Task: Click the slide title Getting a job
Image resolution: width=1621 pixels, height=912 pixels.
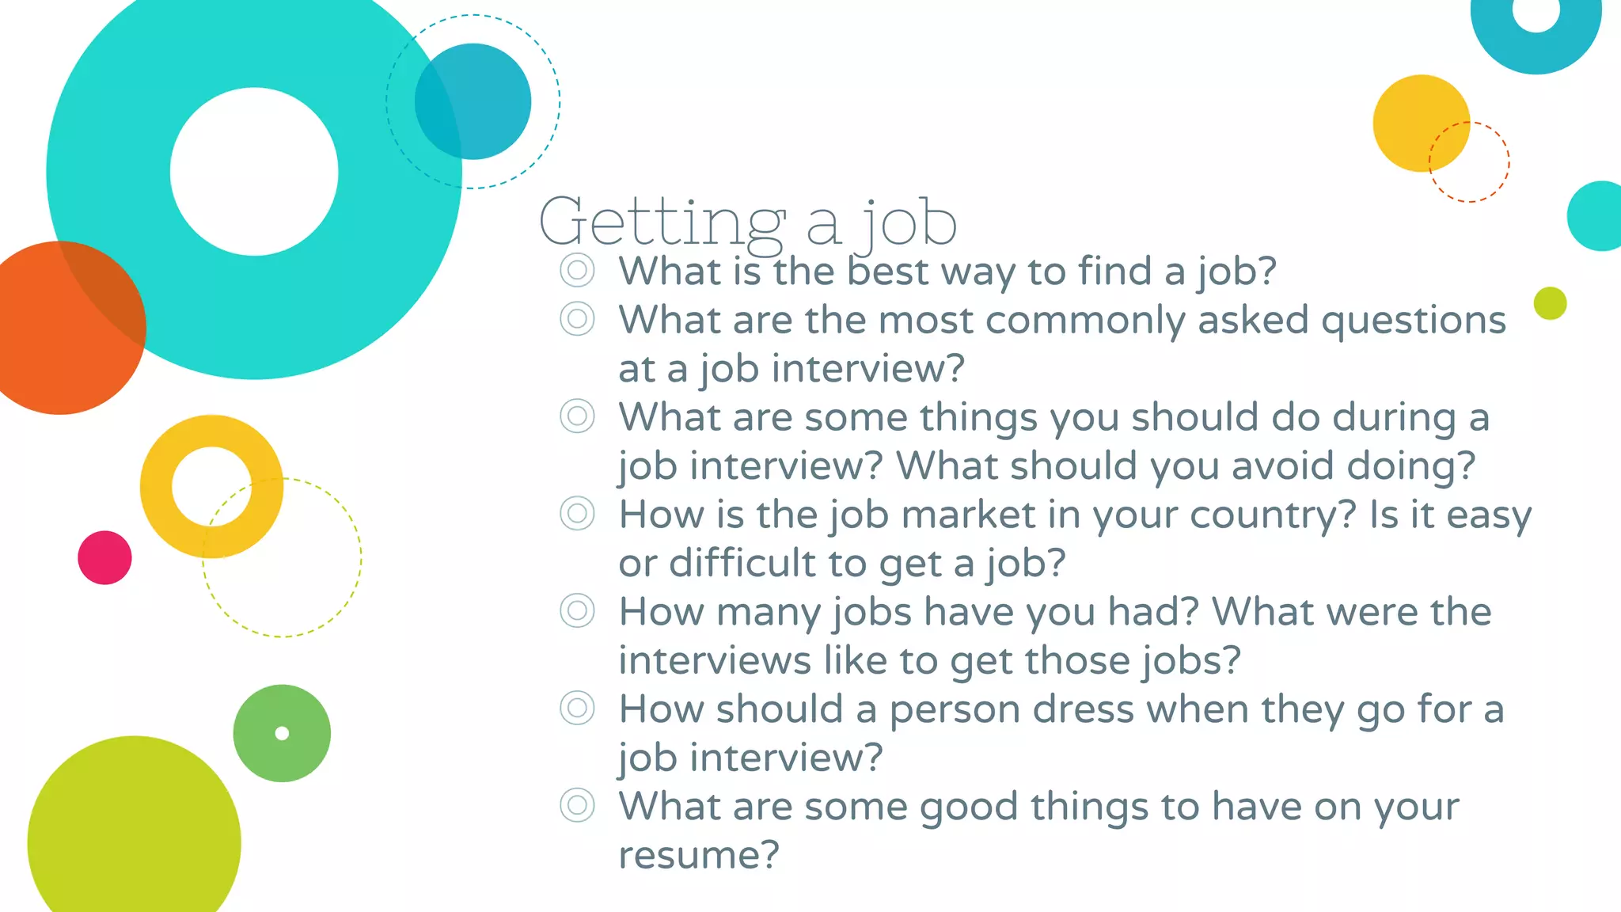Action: click(x=747, y=222)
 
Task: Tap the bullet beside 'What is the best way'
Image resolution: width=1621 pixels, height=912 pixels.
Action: click(x=577, y=270)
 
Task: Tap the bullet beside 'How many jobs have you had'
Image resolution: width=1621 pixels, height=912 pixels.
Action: click(x=577, y=610)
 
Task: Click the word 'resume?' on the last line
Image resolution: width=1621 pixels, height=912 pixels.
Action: click(x=699, y=855)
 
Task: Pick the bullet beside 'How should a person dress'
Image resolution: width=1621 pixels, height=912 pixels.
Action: click(x=577, y=708)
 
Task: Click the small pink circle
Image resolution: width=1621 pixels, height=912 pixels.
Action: click(x=104, y=557)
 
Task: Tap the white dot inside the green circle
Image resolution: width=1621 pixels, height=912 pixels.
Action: click(x=282, y=733)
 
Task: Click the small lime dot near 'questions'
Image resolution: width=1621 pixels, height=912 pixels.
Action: click(x=1550, y=303)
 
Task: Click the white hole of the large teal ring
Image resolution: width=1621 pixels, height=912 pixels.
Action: click(x=254, y=172)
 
